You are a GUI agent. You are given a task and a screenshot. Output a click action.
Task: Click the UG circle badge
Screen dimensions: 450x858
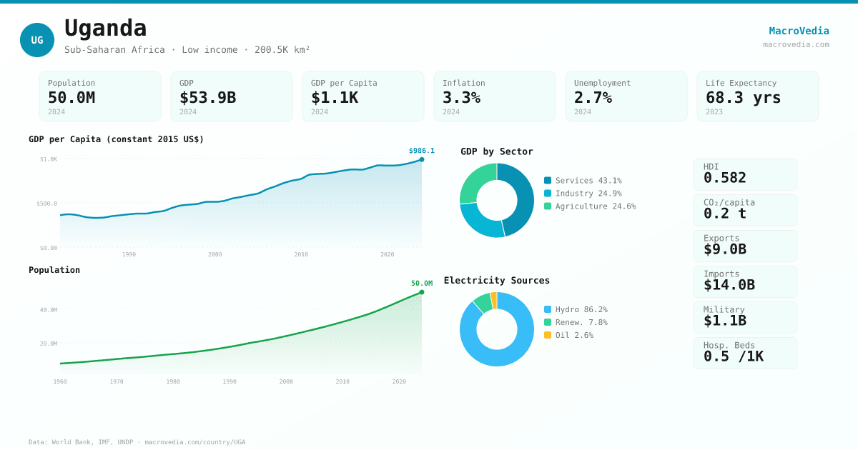[37, 40]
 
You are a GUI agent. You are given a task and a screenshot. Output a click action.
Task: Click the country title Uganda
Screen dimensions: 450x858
[106, 29]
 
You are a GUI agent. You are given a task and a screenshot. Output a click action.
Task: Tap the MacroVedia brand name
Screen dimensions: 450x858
[799, 31]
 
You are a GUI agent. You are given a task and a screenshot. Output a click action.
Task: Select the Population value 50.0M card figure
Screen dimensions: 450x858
[71, 98]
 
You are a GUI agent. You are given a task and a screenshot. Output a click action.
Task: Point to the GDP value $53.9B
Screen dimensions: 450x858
[207, 98]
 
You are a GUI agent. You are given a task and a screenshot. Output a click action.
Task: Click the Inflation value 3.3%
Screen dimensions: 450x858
[461, 98]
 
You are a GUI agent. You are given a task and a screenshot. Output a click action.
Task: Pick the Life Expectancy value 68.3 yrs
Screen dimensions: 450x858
[743, 98]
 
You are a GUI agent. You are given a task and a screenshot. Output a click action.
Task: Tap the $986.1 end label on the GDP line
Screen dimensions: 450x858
[421, 151]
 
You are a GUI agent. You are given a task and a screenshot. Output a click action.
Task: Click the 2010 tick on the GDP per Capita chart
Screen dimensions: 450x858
[301, 254]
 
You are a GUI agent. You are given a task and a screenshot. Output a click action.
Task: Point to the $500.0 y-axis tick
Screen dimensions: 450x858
[47, 204]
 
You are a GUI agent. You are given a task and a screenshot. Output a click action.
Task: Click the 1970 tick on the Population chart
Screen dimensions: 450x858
[117, 381]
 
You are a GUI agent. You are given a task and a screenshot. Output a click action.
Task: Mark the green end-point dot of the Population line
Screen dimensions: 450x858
[422, 292]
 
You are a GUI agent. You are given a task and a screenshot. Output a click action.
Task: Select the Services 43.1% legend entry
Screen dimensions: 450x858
[583, 181]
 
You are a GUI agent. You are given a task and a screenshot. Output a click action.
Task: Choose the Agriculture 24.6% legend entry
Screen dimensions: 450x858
[589, 206]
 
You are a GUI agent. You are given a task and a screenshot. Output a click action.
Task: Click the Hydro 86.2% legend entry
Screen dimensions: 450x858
[576, 309]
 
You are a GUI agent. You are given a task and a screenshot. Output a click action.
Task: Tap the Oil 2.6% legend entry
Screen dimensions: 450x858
[568, 335]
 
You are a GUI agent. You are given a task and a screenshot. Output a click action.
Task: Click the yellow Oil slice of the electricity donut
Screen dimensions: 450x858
[493, 300]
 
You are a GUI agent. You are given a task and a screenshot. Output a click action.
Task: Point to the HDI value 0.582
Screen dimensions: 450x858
[724, 178]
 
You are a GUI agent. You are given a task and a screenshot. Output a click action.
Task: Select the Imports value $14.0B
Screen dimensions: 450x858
[729, 285]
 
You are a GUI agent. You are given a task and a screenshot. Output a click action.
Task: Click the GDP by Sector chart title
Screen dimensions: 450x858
[496, 151]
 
